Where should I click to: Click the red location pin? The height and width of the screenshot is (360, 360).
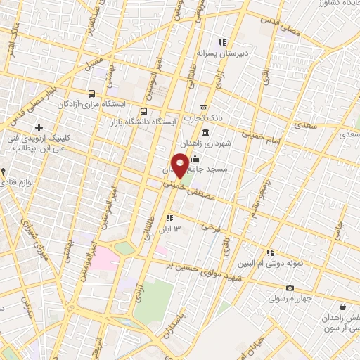[x=180, y=165]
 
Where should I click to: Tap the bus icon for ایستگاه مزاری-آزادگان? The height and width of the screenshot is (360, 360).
[x=91, y=94]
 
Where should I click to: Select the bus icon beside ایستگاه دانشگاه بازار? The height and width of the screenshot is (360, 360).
[x=144, y=111]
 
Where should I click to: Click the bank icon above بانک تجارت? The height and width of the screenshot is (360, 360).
[x=203, y=108]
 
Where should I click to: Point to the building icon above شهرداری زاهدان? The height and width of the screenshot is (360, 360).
[x=205, y=132]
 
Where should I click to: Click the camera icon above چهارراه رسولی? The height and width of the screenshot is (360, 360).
[x=290, y=288]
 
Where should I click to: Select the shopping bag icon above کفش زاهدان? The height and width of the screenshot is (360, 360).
[x=342, y=307]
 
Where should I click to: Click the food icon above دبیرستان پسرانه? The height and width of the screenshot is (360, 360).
[x=223, y=41]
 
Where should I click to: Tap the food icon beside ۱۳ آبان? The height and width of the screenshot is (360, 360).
[x=169, y=218]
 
